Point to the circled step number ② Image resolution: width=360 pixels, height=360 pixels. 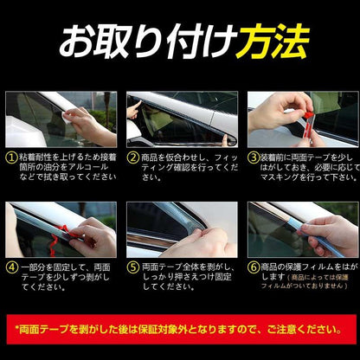click(133, 158)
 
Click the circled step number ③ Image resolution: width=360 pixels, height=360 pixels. click(254, 158)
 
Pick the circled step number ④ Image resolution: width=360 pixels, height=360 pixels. click(11, 268)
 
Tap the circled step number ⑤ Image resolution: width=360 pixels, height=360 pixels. click(133, 268)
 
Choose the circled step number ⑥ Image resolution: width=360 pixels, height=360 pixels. click(254, 267)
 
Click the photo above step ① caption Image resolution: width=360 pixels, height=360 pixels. click(61, 119)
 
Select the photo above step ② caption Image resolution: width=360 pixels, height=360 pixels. click(181, 119)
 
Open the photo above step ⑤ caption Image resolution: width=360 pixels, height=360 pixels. click(181, 229)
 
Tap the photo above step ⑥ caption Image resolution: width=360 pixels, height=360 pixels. click(302, 229)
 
